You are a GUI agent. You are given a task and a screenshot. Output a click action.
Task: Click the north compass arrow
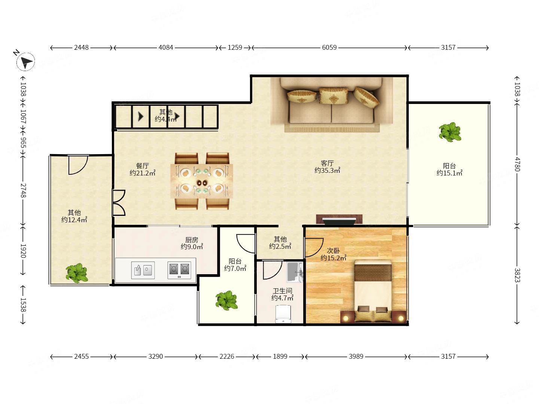(26, 62)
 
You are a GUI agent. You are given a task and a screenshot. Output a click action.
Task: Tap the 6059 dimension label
(329, 48)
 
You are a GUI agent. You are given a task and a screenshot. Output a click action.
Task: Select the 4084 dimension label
(166, 48)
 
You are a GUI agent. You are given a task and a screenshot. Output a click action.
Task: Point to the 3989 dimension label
(356, 356)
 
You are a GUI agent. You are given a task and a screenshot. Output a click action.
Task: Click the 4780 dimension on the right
(517, 164)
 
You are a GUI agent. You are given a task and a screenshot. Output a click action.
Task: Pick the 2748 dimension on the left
(23, 190)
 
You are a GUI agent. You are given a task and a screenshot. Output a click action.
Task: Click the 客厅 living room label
(327, 163)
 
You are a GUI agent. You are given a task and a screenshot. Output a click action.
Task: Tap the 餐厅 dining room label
(143, 166)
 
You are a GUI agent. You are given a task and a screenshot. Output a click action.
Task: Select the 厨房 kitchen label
(192, 240)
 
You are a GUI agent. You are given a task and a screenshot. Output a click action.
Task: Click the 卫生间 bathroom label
(282, 291)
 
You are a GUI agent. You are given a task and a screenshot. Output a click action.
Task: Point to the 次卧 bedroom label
(333, 251)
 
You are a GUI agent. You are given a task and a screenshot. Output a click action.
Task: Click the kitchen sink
(143, 270)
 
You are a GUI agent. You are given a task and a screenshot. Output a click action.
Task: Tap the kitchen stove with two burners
(179, 270)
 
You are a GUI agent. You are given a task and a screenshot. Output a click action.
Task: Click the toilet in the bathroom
(283, 314)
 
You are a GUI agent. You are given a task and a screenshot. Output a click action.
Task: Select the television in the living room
(339, 220)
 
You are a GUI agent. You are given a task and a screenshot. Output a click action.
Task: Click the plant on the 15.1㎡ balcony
(450, 132)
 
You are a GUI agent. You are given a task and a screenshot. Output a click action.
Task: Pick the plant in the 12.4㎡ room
(77, 273)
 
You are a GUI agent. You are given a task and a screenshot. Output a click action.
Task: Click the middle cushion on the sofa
(334, 96)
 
